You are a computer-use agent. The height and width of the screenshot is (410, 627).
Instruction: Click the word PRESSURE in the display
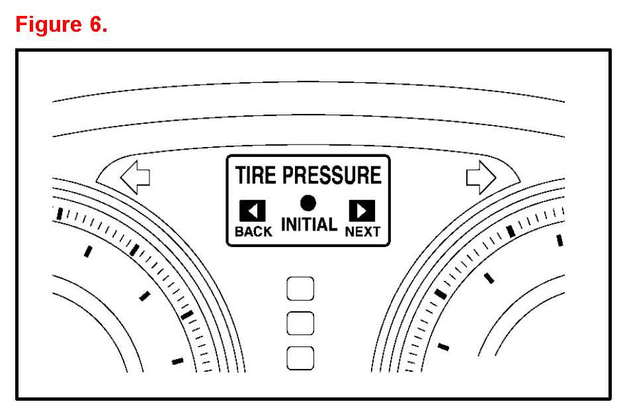click(x=332, y=176)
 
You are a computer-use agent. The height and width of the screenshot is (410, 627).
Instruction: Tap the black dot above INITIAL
click(x=308, y=203)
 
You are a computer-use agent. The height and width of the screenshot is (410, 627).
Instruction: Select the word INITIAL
click(x=309, y=225)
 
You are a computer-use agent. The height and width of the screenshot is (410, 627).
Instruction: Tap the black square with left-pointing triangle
click(x=253, y=211)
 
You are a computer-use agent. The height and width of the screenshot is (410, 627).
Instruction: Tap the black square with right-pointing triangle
click(x=362, y=211)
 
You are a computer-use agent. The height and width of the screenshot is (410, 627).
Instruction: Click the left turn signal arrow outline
click(x=135, y=176)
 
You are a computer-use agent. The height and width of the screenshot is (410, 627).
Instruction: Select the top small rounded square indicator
click(x=300, y=289)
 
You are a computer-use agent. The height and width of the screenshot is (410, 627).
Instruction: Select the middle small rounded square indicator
click(x=300, y=323)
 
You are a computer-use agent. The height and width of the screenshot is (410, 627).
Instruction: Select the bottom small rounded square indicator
click(x=300, y=358)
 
